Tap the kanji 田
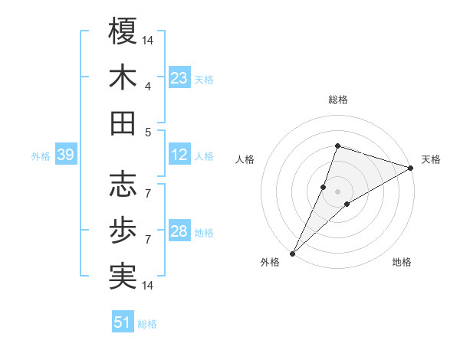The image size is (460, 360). click(123, 123)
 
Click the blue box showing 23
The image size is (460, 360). click(179, 77)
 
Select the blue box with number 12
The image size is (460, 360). click(179, 155)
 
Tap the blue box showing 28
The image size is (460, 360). click(179, 231)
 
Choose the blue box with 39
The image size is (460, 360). click(65, 155)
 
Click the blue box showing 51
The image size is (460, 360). click(123, 322)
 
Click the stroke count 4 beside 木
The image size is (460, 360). click(147, 86)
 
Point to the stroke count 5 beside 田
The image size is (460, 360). click(147, 132)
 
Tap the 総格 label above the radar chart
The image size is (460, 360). click(337, 100)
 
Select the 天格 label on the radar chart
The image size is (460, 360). click(431, 159)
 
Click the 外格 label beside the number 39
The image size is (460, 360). click(41, 156)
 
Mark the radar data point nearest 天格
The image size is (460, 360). click(410, 168)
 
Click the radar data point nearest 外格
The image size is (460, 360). click(293, 253)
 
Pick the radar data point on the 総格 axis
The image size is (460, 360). click(337, 146)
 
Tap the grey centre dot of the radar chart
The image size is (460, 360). click(337, 191)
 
